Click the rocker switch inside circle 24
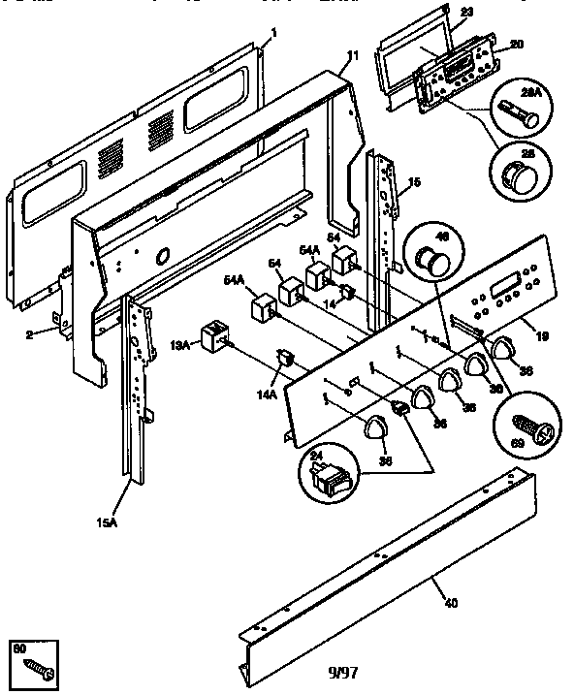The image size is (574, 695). (x=328, y=476)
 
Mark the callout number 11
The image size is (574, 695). (x=352, y=57)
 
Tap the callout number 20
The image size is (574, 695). (x=517, y=45)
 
